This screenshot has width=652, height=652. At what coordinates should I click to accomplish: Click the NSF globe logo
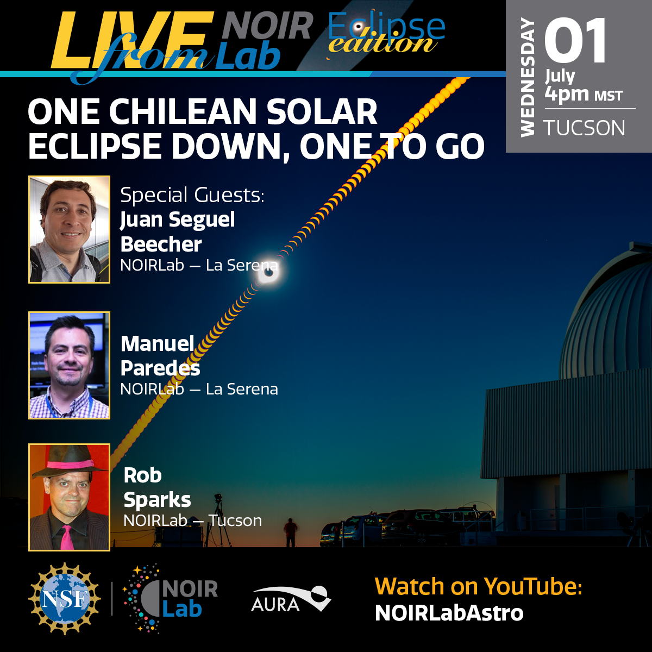[65, 599]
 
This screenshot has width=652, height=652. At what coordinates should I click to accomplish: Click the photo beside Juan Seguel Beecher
[69, 229]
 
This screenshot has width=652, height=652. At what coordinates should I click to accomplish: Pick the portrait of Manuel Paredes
[69, 366]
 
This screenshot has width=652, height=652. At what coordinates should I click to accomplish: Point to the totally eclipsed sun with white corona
[268, 272]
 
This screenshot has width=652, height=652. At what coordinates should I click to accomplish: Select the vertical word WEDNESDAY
[527, 77]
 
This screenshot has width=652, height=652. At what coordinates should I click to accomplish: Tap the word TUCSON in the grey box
[584, 128]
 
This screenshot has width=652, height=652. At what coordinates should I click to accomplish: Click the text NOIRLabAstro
[449, 613]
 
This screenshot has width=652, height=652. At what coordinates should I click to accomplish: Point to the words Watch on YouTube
[479, 586]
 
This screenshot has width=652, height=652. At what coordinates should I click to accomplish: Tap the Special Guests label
[192, 195]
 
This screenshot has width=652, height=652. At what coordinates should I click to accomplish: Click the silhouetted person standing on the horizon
[290, 532]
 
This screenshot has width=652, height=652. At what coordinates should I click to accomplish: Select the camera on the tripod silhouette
[218, 498]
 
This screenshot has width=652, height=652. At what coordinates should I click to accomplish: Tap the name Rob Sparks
[157, 487]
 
